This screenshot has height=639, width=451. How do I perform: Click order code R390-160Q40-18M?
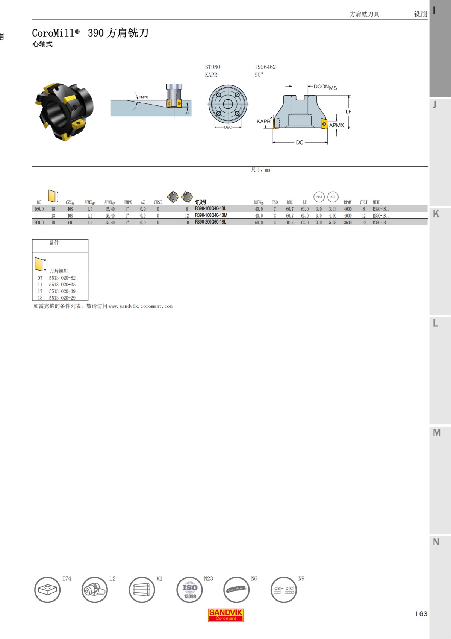point(211,215)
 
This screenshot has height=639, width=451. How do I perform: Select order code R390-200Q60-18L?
point(210,222)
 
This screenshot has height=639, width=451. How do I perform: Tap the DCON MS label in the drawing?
point(325,87)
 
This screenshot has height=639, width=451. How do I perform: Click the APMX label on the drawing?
point(336,125)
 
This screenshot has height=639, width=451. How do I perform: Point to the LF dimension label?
point(348,111)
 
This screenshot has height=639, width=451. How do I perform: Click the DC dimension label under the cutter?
point(300,143)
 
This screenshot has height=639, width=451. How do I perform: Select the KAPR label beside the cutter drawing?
point(263,122)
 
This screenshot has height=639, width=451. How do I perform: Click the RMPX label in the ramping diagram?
point(143,97)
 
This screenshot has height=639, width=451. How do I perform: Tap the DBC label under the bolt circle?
point(228,127)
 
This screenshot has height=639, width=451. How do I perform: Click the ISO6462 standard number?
point(265,67)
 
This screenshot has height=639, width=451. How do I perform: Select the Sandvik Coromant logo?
point(225,615)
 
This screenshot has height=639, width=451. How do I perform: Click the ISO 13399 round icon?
point(190,590)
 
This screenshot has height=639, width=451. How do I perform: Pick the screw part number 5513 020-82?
point(62,278)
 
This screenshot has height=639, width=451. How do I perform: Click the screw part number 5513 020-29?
point(62,298)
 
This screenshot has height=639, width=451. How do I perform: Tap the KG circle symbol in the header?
point(333,197)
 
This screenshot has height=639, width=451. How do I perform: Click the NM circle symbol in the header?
point(319,197)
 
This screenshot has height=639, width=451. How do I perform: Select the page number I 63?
point(421,614)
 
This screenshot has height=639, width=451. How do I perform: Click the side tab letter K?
point(436,214)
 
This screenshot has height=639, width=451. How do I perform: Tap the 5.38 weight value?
point(333,222)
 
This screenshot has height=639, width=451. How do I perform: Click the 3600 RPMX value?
point(348,222)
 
